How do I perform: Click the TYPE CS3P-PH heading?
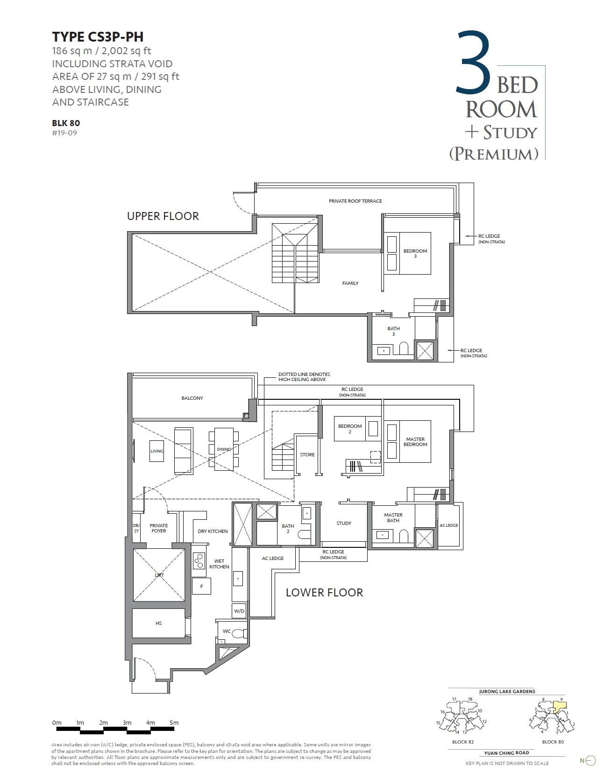click(98, 36)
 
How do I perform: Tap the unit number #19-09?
click(64, 133)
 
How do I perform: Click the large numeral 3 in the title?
click(473, 63)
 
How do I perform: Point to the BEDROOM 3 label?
click(415, 254)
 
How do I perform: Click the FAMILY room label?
click(350, 283)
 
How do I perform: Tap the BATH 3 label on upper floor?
click(393, 331)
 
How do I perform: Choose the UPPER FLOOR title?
click(163, 216)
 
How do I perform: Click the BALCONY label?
click(192, 398)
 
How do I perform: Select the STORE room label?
click(307, 455)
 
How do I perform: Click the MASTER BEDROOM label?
click(415, 442)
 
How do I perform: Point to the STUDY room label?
click(344, 524)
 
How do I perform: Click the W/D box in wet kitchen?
click(239, 611)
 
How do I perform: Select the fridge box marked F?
click(202, 586)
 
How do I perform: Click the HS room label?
click(159, 623)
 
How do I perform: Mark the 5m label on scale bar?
click(174, 723)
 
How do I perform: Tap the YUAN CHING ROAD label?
click(506, 753)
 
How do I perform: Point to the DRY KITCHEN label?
click(213, 531)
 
